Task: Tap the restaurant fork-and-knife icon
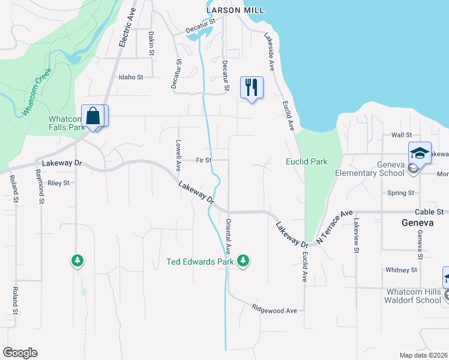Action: (x=251, y=88)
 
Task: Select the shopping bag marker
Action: (x=94, y=116)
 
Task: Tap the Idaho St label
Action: (x=131, y=77)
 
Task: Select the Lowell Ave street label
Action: (x=178, y=156)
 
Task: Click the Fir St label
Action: (x=203, y=160)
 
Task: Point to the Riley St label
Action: (x=59, y=183)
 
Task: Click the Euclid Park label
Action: (x=306, y=161)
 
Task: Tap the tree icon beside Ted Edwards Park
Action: (x=243, y=260)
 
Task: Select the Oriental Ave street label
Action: (x=228, y=235)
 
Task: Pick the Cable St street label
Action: (x=429, y=212)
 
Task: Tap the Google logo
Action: (x=20, y=353)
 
